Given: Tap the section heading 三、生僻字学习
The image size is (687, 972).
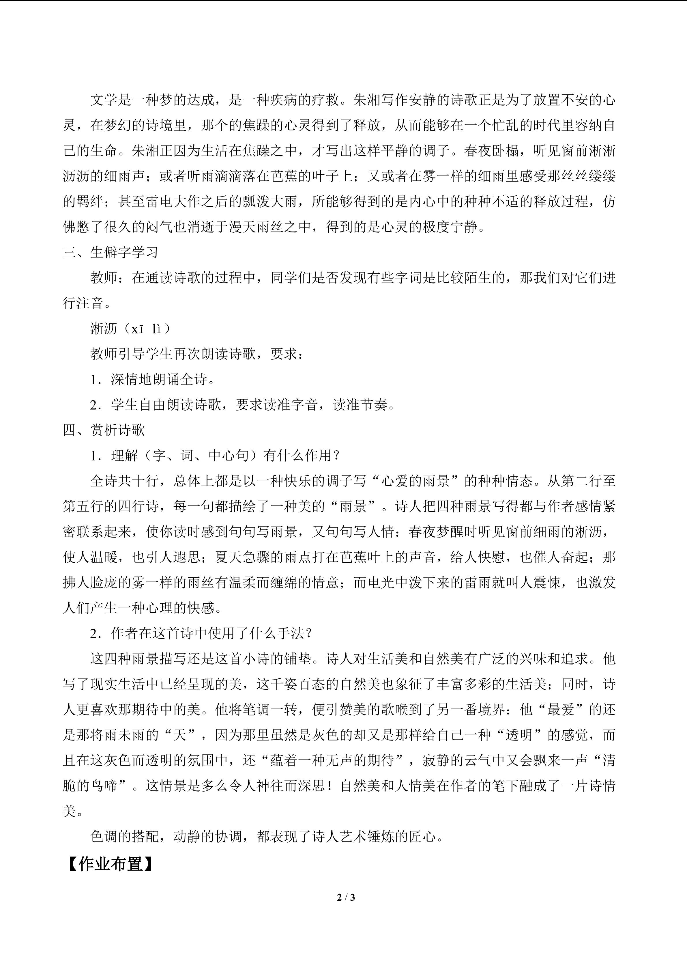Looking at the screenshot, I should pyautogui.click(x=111, y=252).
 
